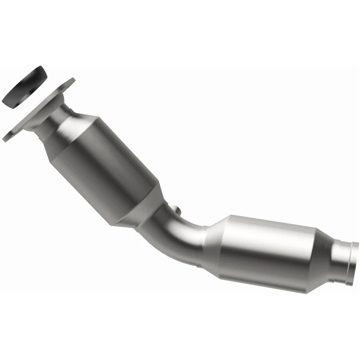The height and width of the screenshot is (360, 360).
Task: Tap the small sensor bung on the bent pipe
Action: tap(177, 210)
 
